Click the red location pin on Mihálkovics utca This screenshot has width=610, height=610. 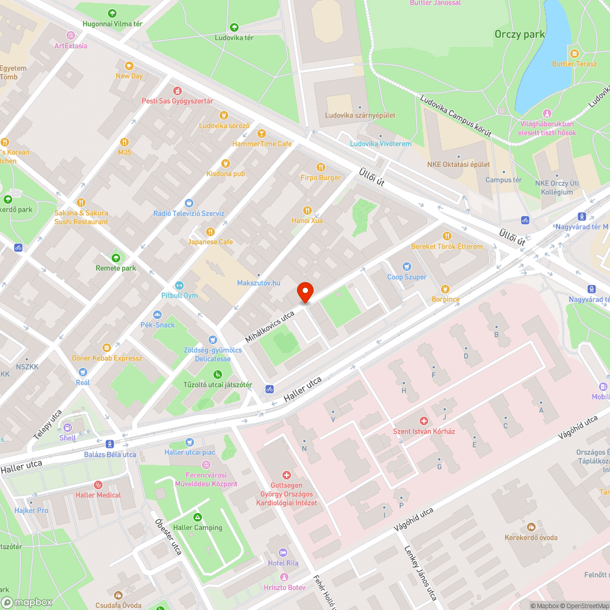305,292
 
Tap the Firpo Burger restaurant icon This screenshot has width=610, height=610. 321,167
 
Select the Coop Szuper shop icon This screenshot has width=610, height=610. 407,267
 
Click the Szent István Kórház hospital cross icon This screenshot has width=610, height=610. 424,421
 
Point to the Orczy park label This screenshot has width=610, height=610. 519,35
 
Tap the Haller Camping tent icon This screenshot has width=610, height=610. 198,517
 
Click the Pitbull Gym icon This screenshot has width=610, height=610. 179,285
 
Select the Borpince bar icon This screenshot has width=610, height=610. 445,289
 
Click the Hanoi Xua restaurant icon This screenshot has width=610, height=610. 307,210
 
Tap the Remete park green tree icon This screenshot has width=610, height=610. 116,258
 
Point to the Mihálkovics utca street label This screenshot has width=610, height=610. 269,325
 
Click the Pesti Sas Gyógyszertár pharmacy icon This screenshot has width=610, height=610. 178,90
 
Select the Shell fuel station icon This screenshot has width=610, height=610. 68,428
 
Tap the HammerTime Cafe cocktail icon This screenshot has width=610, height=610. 262,134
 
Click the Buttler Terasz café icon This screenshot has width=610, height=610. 573,53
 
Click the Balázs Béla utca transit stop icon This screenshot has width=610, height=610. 110,444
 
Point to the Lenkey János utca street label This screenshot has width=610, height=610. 420,573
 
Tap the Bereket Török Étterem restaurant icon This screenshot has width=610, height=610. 447,236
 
